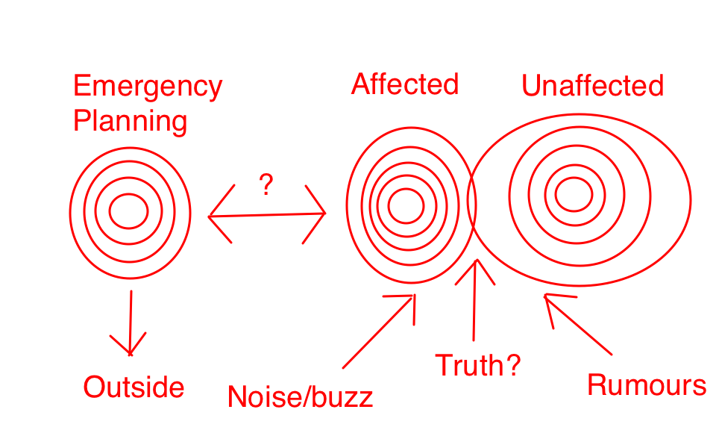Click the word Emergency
pos(148,87)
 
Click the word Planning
pos(130,120)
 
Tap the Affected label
pos(405,84)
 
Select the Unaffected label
pos(592,86)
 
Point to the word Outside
pos(134,387)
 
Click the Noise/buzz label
pos(300,396)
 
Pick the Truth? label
pos(477,366)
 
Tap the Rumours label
pos(647,385)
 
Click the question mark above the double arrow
pos(265,184)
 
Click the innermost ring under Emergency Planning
pos(129,211)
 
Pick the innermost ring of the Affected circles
pos(406,205)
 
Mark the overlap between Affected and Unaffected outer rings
pos(472,202)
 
